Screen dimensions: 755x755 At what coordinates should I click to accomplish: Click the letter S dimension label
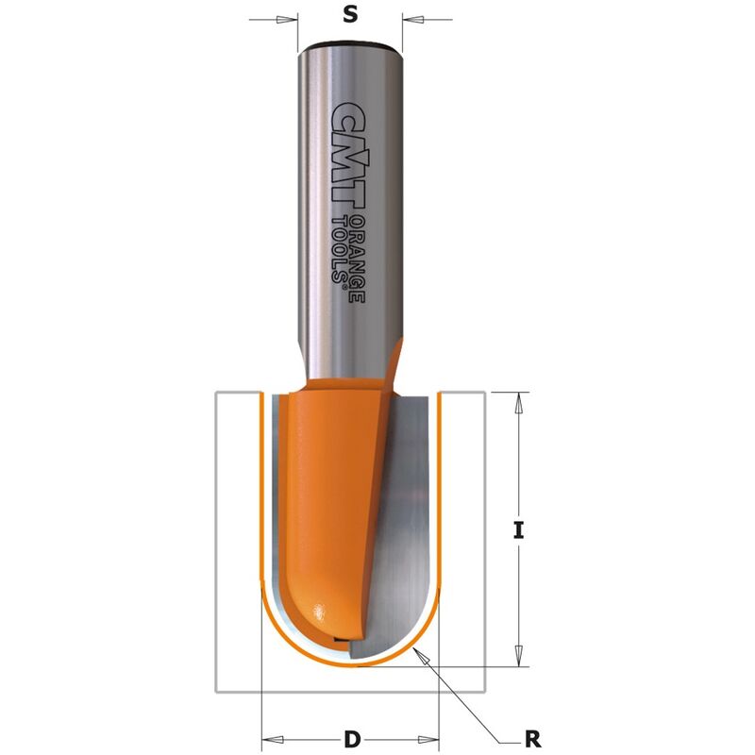click(x=350, y=14)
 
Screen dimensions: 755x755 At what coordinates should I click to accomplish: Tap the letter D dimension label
click(x=352, y=739)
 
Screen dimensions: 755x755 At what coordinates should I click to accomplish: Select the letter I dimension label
click(x=518, y=531)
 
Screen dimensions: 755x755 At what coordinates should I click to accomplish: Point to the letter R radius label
click(x=532, y=739)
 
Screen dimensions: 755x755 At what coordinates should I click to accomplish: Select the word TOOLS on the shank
click(x=341, y=249)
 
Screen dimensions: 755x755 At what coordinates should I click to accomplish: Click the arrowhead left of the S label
click(x=288, y=20)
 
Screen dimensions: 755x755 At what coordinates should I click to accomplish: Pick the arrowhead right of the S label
click(x=412, y=20)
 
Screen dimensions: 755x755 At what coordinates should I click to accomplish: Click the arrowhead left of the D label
click(x=272, y=739)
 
